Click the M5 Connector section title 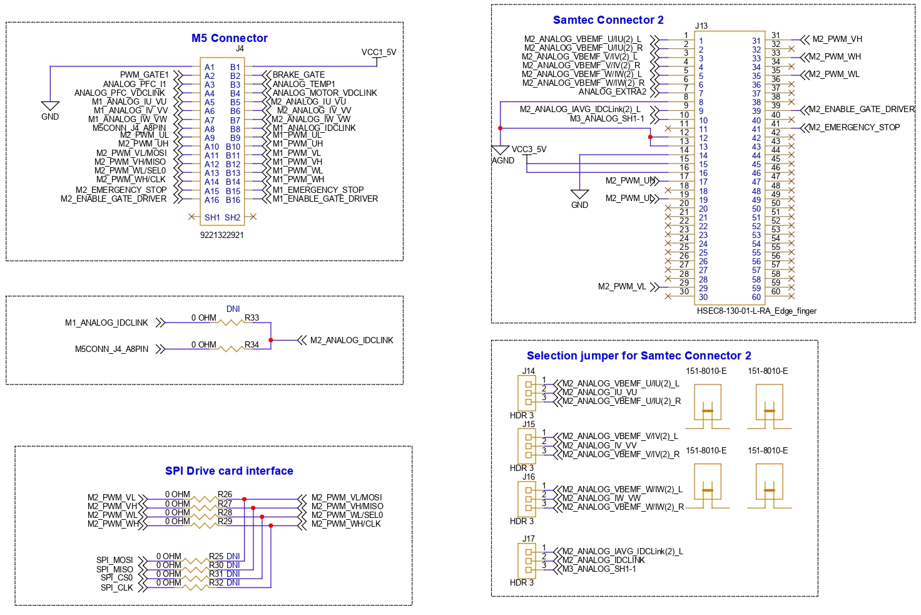(x=229, y=38)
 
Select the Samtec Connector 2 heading (x=608, y=20)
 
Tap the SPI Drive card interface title (x=229, y=471)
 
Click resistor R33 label (x=252, y=318)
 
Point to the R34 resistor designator (x=252, y=345)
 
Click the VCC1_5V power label (x=379, y=53)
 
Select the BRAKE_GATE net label (x=298, y=75)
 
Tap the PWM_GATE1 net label (x=145, y=75)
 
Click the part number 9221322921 (x=221, y=235)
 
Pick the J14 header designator (x=529, y=371)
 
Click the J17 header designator (x=529, y=539)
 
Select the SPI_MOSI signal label (x=114, y=561)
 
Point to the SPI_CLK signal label (x=117, y=588)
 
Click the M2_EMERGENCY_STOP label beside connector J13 (x=854, y=128)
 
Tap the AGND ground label (x=503, y=161)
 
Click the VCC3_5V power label (x=529, y=150)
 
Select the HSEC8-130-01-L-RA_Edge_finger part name (x=756, y=311)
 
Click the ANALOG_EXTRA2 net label (x=612, y=92)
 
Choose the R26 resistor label (x=225, y=495)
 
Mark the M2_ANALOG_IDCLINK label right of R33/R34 (x=352, y=341)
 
